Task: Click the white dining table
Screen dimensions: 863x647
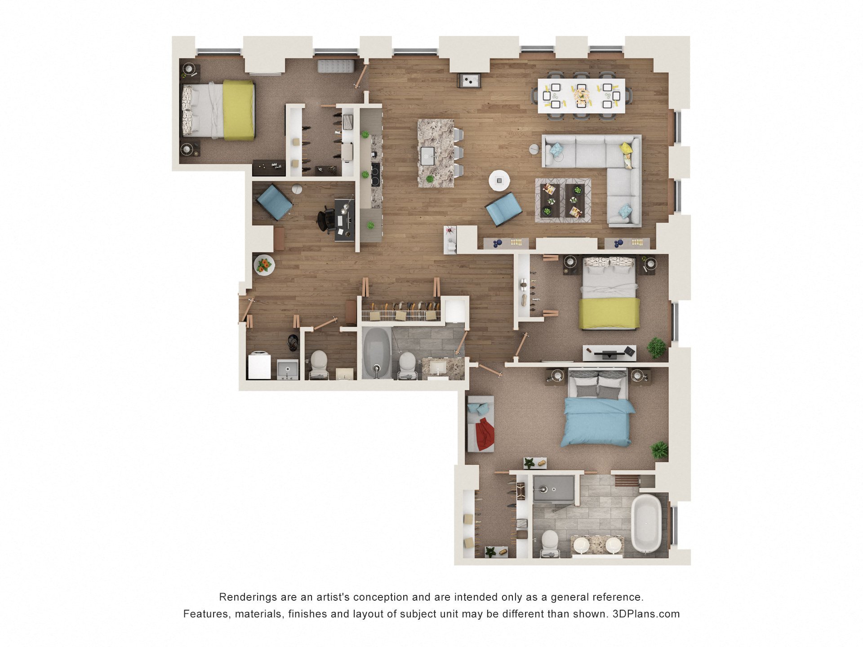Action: [x=581, y=96]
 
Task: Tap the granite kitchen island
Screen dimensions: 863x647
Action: [x=436, y=153]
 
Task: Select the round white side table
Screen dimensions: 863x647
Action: [x=499, y=181]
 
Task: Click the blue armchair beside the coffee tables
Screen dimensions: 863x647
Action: [x=503, y=209]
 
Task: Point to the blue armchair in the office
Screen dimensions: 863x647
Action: [x=275, y=202]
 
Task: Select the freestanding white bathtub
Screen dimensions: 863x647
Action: [x=647, y=523]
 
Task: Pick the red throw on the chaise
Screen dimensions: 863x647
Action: [x=485, y=434]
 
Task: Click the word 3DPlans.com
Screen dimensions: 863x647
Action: [x=646, y=614]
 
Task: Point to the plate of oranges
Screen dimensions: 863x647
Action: [x=264, y=265]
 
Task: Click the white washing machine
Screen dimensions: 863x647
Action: [x=259, y=365]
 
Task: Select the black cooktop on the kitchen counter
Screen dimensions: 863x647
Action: [x=375, y=174]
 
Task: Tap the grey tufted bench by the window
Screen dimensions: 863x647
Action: [x=335, y=66]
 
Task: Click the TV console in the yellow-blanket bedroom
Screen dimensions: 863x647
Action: [x=609, y=353]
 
